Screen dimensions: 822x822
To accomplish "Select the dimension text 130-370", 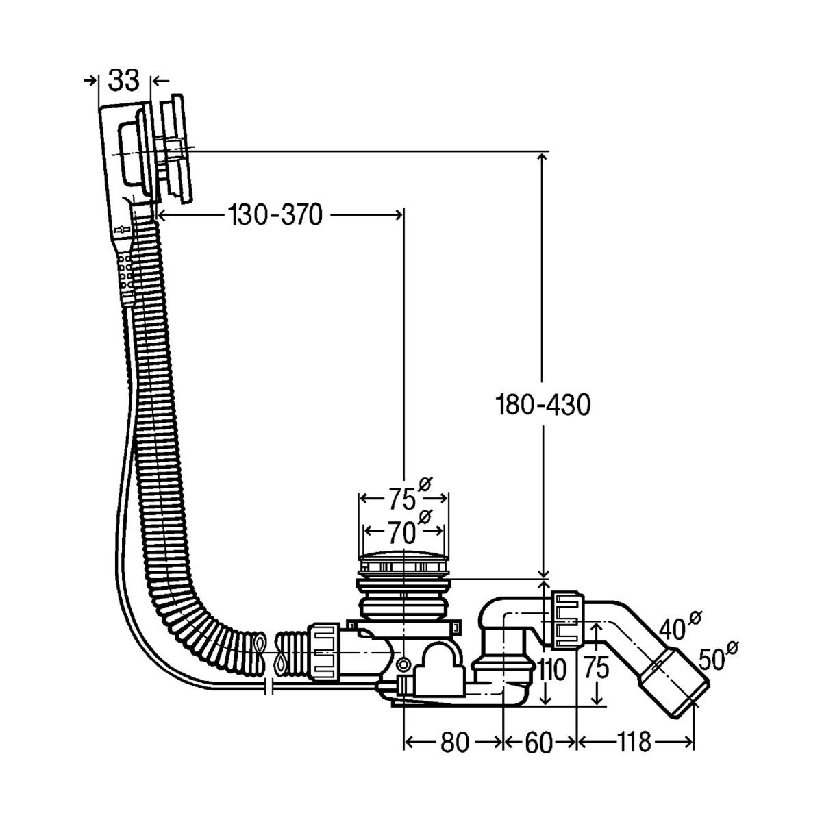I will click(x=275, y=215).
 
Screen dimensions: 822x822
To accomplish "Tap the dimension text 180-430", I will click(x=543, y=406).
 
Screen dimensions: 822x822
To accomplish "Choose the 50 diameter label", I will click(x=712, y=659).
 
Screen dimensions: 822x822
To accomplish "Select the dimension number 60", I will click(x=539, y=743).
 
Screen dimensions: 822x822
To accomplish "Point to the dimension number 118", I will click(x=634, y=743).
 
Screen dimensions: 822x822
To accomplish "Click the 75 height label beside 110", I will click(x=597, y=669).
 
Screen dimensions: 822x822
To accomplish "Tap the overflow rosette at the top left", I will click(x=173, y=147).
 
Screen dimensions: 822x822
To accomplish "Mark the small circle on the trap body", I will click(x=403, y=663).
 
